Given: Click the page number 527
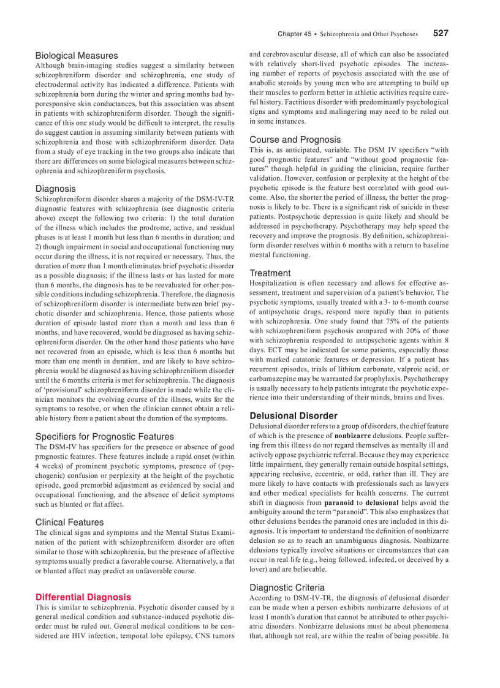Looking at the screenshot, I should [x=441, y=34].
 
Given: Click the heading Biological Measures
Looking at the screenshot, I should [x=77, y=56].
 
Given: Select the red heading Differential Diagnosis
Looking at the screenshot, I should [x=83, y=597].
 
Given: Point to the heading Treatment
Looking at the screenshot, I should [x=270, y=273].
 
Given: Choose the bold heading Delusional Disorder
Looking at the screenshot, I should [x=293, y=416].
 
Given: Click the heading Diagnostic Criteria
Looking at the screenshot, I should [x=287, y=588].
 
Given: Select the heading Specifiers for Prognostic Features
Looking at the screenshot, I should [x=104, y=437].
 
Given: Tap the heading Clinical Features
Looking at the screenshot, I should [x=69, y=523].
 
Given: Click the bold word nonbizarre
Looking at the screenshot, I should [x=352, y=436].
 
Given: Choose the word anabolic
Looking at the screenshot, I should [x=263, y=83].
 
